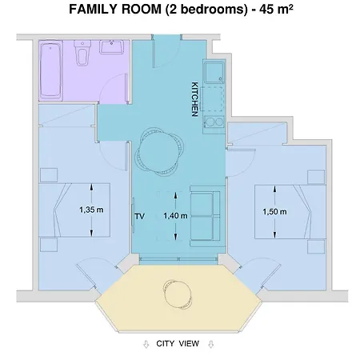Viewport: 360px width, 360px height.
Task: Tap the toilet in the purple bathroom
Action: (81, 55)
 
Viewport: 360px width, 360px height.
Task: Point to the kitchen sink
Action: (214, 74)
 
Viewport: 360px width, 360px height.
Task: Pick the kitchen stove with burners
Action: (214, 123)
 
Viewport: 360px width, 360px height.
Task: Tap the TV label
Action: (138, 215)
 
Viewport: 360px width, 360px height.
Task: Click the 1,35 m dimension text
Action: (92, 210)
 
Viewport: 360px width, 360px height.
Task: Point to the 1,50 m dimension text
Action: (274, 212)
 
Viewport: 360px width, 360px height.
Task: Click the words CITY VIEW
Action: (178, 344)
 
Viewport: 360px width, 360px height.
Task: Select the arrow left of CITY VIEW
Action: (145, 345)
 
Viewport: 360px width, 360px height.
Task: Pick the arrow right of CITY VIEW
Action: (210, 345)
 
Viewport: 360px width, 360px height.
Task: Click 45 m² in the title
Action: (269, 10)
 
